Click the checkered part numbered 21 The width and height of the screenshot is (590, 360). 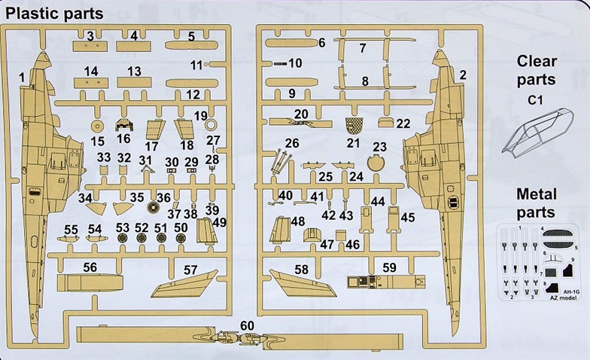354,125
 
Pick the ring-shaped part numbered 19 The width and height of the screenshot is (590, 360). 211,126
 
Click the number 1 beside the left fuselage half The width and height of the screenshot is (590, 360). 22,77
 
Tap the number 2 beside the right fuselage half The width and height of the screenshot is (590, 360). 462,74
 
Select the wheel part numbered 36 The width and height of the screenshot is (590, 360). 154,205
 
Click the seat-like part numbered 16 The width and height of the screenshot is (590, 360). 124,125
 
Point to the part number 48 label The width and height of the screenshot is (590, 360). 298,221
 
